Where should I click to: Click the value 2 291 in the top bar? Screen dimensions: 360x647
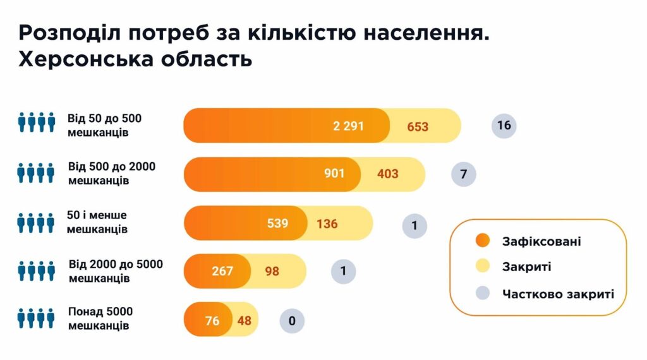(348, 126)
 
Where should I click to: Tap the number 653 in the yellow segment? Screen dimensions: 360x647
(418, 126)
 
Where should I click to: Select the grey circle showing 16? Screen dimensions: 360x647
(504, 125)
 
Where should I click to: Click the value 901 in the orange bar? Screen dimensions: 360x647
(334, 173)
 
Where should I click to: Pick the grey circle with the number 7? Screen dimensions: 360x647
(464, 174)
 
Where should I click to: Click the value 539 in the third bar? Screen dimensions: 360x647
(277, 223)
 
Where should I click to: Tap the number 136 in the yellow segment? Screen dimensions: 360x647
(327, 224)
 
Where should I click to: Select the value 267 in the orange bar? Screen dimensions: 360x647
(222, 272)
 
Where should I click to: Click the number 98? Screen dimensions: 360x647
(272, 272)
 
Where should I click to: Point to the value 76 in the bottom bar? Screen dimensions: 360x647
(212, 321)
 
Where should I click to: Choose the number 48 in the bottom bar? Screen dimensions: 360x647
(245, 321)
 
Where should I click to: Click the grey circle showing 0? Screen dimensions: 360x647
(292, 321)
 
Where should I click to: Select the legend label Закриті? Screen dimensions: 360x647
(526, 267)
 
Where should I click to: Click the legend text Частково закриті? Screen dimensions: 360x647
(558, 294)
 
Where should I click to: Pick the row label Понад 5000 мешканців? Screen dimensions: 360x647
(100, 319)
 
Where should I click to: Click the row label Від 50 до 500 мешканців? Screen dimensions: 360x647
(104, 125)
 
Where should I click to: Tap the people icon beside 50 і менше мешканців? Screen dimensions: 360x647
(37, 222)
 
